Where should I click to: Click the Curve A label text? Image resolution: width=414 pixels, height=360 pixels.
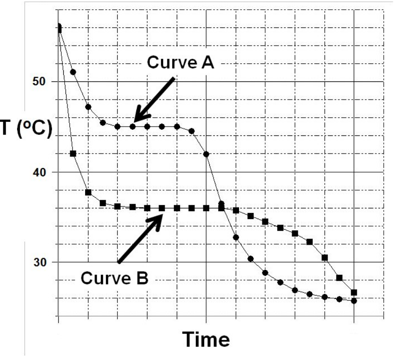pos(180,63)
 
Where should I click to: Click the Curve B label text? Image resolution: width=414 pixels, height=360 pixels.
pos(114,278)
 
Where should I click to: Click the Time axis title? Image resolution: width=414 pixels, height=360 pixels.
pos(205,340)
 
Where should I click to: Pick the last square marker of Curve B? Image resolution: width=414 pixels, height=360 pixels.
pos(354,293)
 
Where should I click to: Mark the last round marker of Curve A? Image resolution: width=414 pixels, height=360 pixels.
pos(354,301)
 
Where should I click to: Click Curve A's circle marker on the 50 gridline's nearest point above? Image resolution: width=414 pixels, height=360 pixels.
pos(73,72)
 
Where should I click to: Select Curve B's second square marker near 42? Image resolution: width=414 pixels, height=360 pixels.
pos(73,153)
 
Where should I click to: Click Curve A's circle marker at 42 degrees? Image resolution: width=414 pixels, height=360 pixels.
pos(206,154)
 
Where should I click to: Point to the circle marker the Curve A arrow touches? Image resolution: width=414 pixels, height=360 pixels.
pos(133,127)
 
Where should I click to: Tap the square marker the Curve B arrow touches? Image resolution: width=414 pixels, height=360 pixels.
pos(162,208)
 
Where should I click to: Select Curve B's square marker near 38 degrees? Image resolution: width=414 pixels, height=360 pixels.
pos(88,192)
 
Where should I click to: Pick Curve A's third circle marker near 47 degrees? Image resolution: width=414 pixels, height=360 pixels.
pos(88,107)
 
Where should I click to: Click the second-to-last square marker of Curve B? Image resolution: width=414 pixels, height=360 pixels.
pos(339,278)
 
